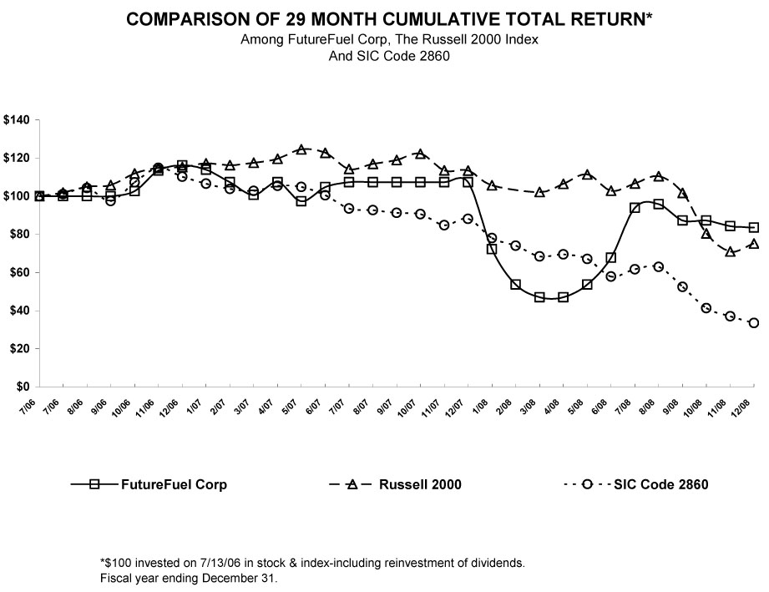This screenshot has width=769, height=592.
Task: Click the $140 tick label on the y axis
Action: (17, 120)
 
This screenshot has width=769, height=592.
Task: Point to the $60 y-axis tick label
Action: (19, 272)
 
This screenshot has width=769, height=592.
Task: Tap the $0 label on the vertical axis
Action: (24, 387)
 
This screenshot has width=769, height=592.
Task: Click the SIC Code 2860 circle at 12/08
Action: (754, 323)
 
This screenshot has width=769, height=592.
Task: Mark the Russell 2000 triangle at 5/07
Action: (301, 150)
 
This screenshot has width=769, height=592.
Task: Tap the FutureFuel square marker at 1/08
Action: (492, 249)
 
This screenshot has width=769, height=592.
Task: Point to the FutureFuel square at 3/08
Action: (539, 297)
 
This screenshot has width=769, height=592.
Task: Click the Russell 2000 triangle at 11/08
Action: (731, 251)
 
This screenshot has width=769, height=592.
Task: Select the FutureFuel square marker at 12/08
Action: (754, 227)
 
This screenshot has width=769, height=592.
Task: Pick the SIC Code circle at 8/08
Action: (659, 266)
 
